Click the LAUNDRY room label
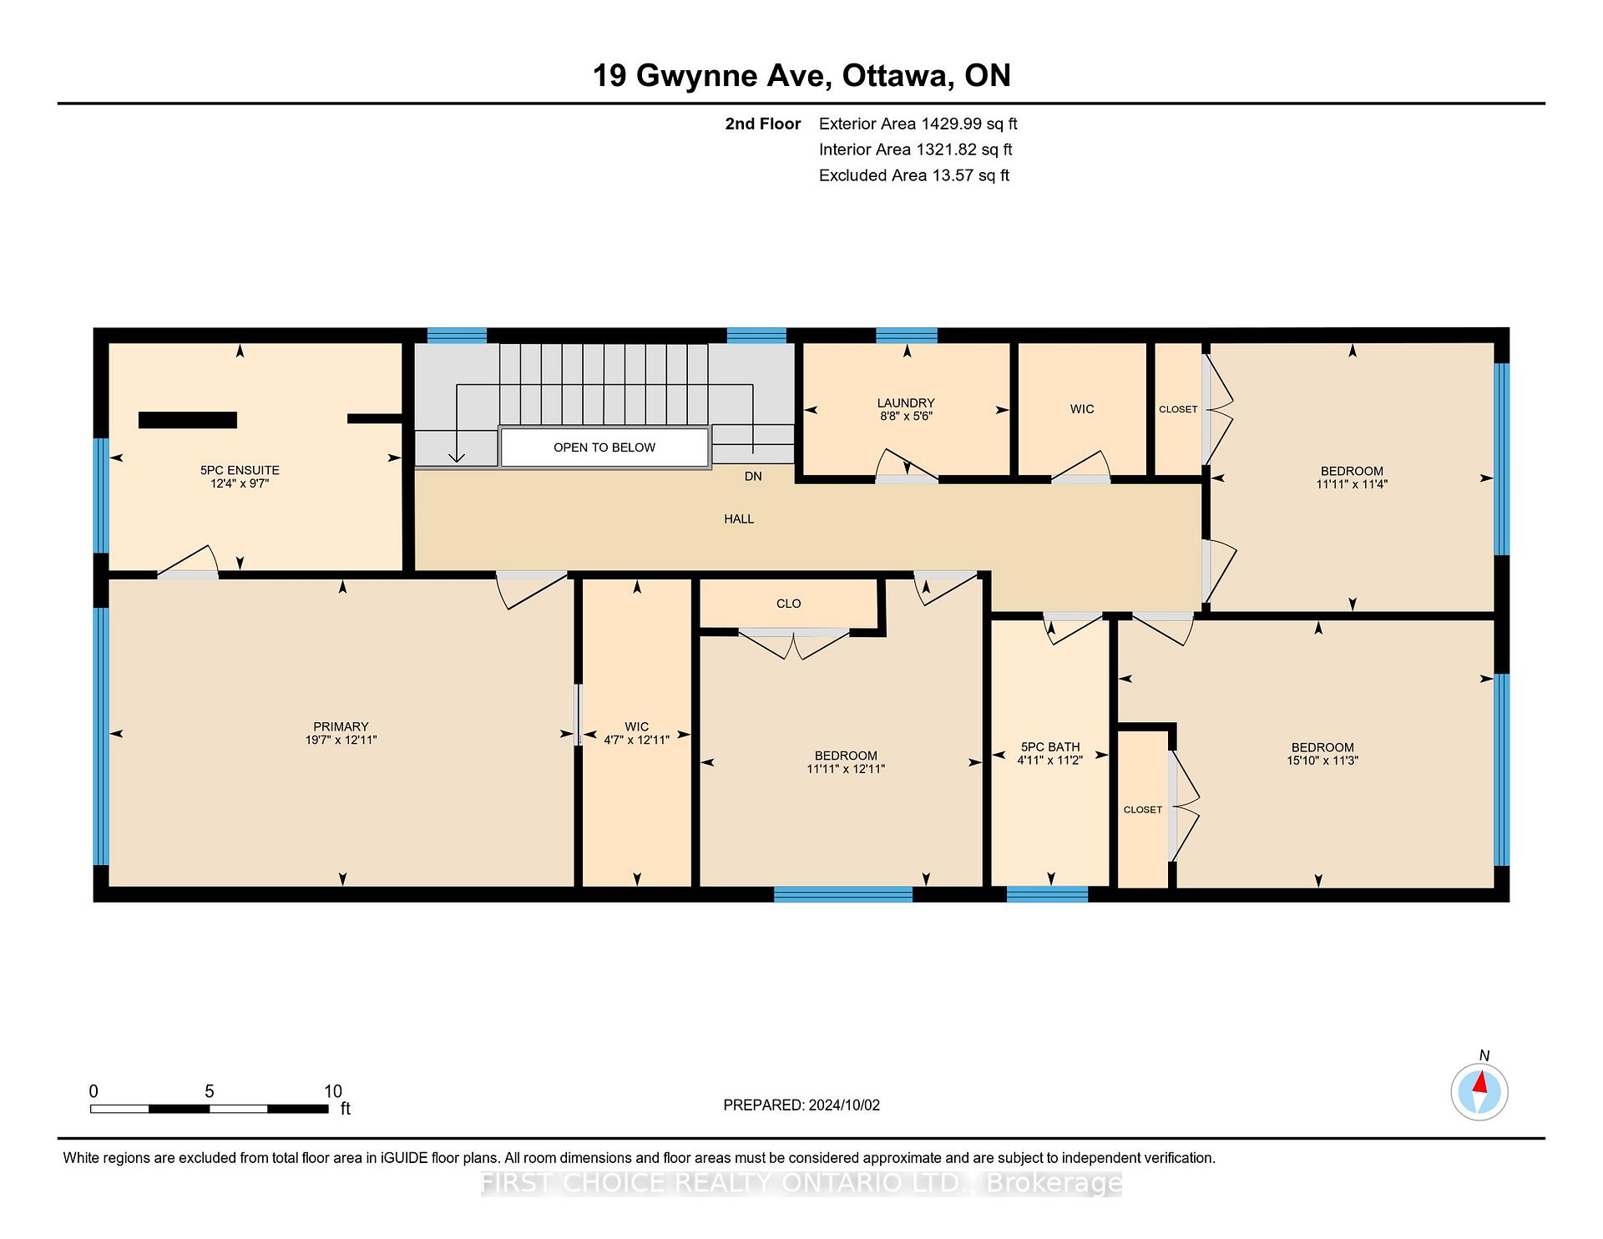905,403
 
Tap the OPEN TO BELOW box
604,448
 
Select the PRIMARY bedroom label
341,726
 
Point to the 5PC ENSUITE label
240,470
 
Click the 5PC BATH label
1050,747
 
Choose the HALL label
739,519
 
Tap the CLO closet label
788,604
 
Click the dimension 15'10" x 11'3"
1322,761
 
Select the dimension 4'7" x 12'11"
637,740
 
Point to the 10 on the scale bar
333,1091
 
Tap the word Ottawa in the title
898,76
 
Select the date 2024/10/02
844,1105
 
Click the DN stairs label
753,476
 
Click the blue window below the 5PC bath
1047,894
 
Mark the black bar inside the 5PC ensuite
188,420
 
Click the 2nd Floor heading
763,124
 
